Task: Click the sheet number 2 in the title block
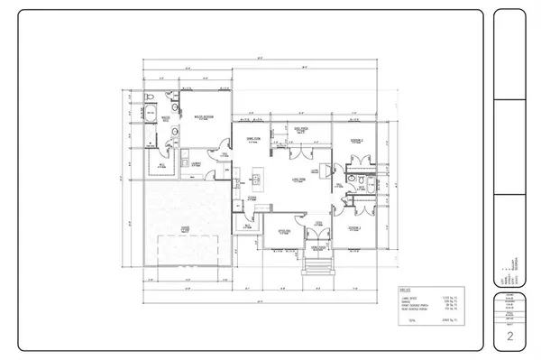pyautogui.click(x=510, y=337)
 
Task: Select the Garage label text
pyautogui.click(x=184, y=230)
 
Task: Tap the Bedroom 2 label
pyautogui.click(x=357, y=141)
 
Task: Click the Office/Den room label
pyautogui.click(x=282, y=230)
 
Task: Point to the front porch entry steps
pyautogui.click(x=315, y=265)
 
